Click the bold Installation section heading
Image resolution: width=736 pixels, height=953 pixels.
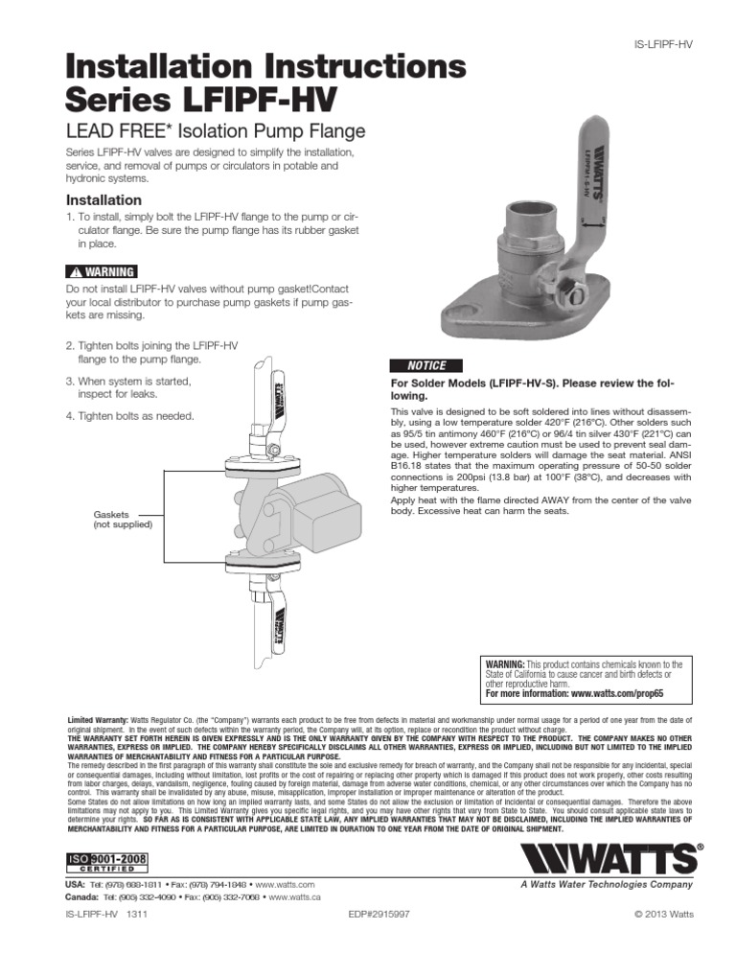click(x=103, y=200)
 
